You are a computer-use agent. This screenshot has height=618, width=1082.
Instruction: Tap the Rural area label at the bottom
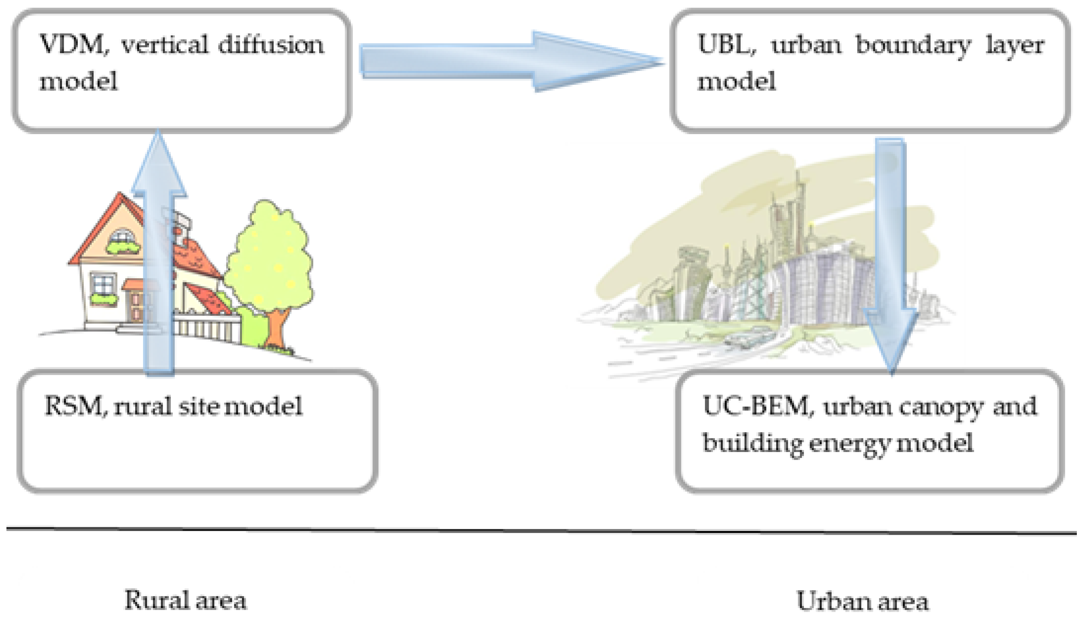point(185,600)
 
